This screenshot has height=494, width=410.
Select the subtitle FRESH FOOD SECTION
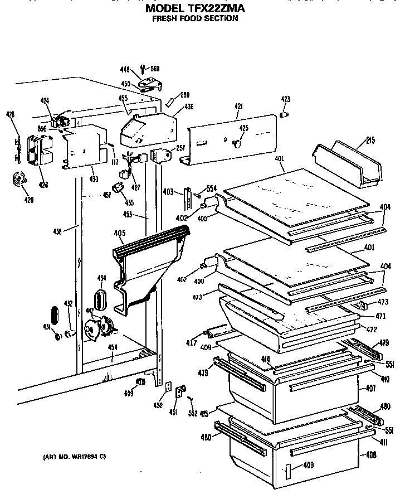pyautogui.click(x=196, y=18)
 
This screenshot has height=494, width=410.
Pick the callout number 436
pyautogui.click(x=189, y=106)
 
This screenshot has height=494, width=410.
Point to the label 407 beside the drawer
pyautogui.click(x=370, y=388)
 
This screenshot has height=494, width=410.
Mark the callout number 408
pyautogui.click(x=370, y=455)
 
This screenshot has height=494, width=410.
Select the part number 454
pyautogui.click(x=113, y=347)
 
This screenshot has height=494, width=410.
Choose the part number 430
pyautogui.click(x=94, y=178)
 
